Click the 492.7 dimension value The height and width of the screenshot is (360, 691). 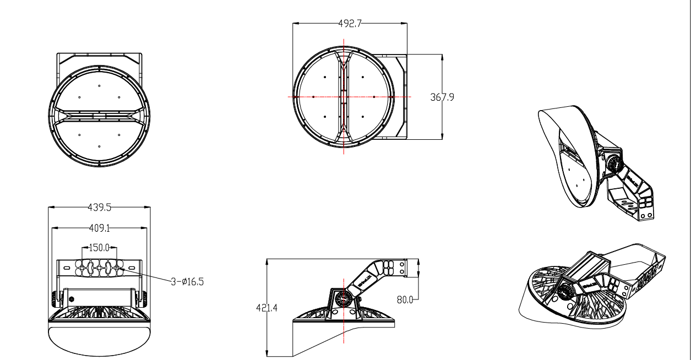point(350,23)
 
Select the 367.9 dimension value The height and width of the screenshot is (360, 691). point(442,97)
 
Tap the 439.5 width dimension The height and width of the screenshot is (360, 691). point(100,208)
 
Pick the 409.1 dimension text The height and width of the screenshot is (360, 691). point(100,227)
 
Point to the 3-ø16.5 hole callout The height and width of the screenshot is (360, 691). point(187,281)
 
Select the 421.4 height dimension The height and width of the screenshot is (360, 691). point(266,308)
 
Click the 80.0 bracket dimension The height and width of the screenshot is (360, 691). point(405,299)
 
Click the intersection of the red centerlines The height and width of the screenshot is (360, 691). point(344,97)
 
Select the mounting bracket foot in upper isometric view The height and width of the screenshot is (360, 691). point(633,204)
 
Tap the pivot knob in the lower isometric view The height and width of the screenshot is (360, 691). point(565,292)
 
